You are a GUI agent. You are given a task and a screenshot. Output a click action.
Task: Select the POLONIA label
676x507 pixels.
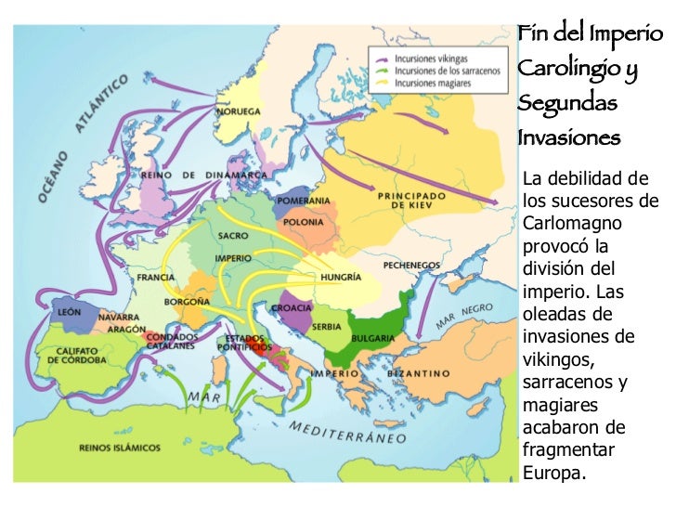pyautogui.click(x=305, y=223)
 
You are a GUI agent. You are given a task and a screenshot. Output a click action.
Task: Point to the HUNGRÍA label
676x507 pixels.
pyautogui.click(x=341, y=276)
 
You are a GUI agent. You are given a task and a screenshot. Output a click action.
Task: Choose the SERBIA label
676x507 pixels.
pyautogui.click(x=327, y=327)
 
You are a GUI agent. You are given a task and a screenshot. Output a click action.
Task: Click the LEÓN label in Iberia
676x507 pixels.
pyautogui.click(x=70, y=313)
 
